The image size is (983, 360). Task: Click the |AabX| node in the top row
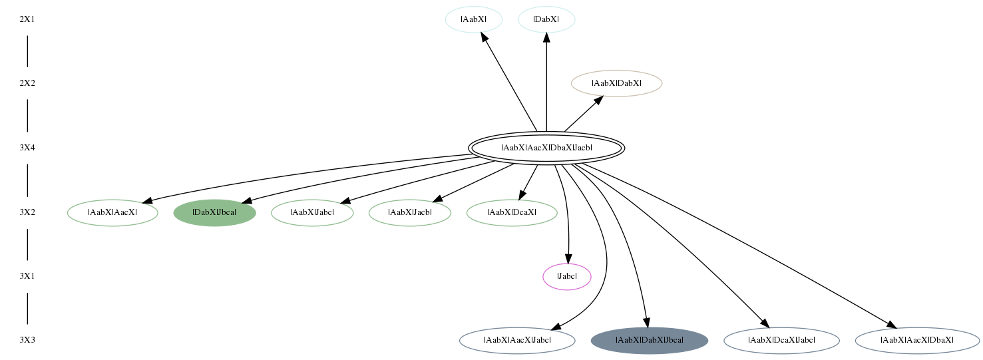[473, 19]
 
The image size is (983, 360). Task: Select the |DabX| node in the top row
[546, 19]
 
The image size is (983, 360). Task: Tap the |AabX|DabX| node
[616, 83]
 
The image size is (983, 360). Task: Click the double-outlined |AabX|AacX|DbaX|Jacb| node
[546, 148]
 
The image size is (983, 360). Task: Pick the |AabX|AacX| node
[112, 212]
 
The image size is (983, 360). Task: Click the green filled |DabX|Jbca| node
[214, 212]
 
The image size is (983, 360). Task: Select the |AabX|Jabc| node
[312, 212]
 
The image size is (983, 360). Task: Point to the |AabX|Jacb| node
[410, 212]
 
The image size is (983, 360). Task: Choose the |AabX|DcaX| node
[512, 212]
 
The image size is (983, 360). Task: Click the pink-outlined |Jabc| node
[567, 277]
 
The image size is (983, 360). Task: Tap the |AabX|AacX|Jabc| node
[517, 340]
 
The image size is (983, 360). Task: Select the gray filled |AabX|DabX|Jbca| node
[650, 340]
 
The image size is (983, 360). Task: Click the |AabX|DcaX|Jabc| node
[781, 340]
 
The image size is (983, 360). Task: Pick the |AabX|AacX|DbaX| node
[917, 340]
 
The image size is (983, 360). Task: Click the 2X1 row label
[27, 19]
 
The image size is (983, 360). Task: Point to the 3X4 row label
[27, 148]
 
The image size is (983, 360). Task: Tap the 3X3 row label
[27, 340]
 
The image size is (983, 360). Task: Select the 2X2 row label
[27, 83]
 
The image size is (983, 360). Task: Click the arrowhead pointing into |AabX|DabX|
[598, 101]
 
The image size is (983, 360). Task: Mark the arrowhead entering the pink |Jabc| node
[568, 259]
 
